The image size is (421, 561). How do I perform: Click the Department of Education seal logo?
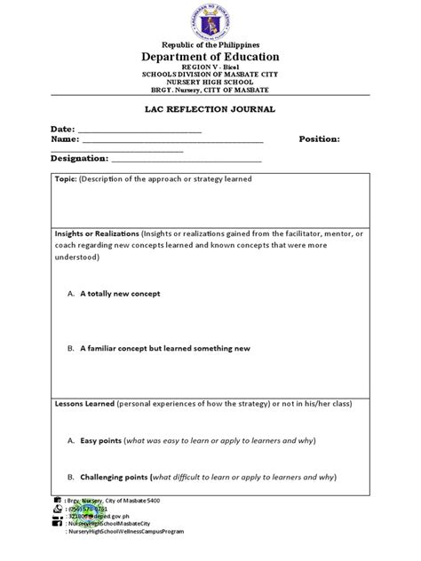point(210,20)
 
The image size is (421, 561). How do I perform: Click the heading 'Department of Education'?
point(210,57)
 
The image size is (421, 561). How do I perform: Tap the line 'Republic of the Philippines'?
point(210,44)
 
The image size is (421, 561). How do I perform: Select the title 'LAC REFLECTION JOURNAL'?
point(210,108)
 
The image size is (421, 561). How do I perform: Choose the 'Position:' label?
point(320,139)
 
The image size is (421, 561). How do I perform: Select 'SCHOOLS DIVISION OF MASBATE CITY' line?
point(210,75)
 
